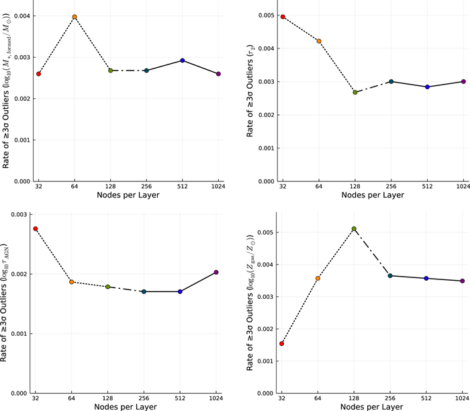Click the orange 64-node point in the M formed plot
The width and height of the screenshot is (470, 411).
tap(75, 17)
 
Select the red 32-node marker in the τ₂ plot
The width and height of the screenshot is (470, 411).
tap(283, 17)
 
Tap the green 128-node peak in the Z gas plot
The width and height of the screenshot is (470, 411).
tap(354, 229)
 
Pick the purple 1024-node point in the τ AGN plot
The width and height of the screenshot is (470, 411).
tap(216, 272)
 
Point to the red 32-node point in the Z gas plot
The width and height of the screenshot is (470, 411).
tap(281, 343)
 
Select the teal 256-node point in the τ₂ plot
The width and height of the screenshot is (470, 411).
tap(391, 81)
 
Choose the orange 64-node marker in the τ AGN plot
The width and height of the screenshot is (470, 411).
tap(71, 282)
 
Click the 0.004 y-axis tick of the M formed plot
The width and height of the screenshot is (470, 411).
tap(21, 15)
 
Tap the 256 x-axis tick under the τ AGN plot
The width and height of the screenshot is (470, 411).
tap(144, 399)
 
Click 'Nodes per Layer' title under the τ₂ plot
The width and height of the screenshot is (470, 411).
tap(372, 195)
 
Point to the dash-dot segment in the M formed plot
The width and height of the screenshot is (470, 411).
tap(128, 71)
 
